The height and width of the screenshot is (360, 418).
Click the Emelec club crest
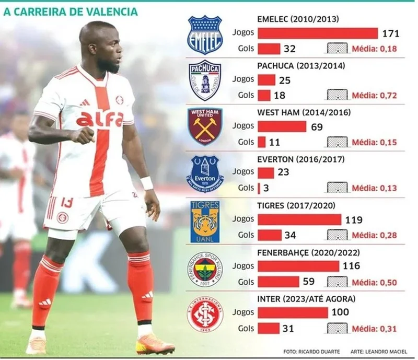pos(205,34)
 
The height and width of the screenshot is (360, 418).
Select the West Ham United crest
pos(205,126)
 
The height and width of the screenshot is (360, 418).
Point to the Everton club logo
pos(205,172)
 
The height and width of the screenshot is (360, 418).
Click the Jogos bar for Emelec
pos(318,33)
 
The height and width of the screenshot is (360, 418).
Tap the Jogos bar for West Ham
pos(282,126)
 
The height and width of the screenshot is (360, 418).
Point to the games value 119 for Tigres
pos(354,220)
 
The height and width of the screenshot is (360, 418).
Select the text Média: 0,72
pos(374,96)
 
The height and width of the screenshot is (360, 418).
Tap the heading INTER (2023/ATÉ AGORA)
pos(307,299)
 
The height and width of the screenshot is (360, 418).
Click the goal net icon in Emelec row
pos(337,49)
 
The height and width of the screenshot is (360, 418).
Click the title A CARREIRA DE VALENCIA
pos(70,11)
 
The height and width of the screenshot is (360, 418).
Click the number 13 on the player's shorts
pos(66,202)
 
